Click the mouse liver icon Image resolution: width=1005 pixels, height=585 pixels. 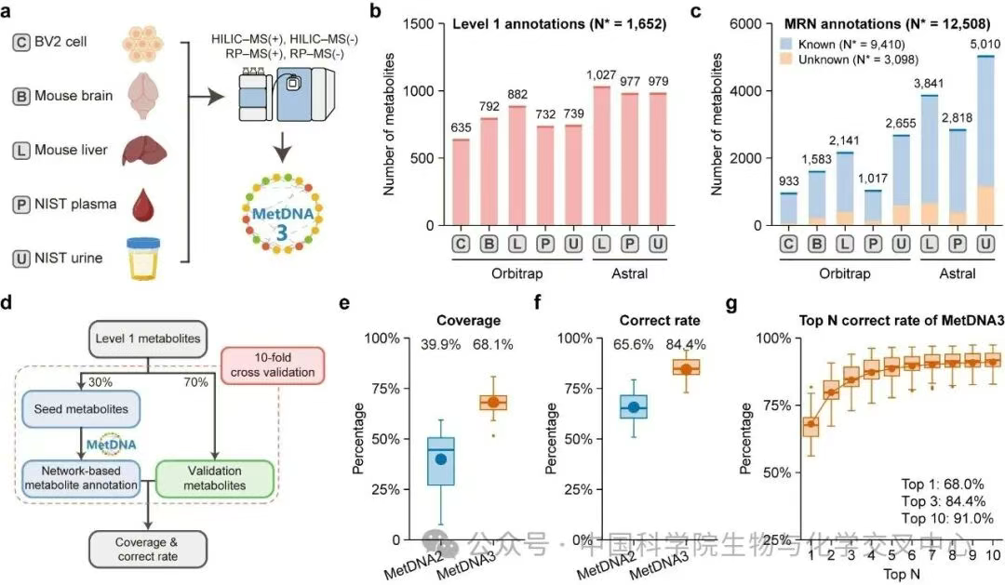(148, 149)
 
